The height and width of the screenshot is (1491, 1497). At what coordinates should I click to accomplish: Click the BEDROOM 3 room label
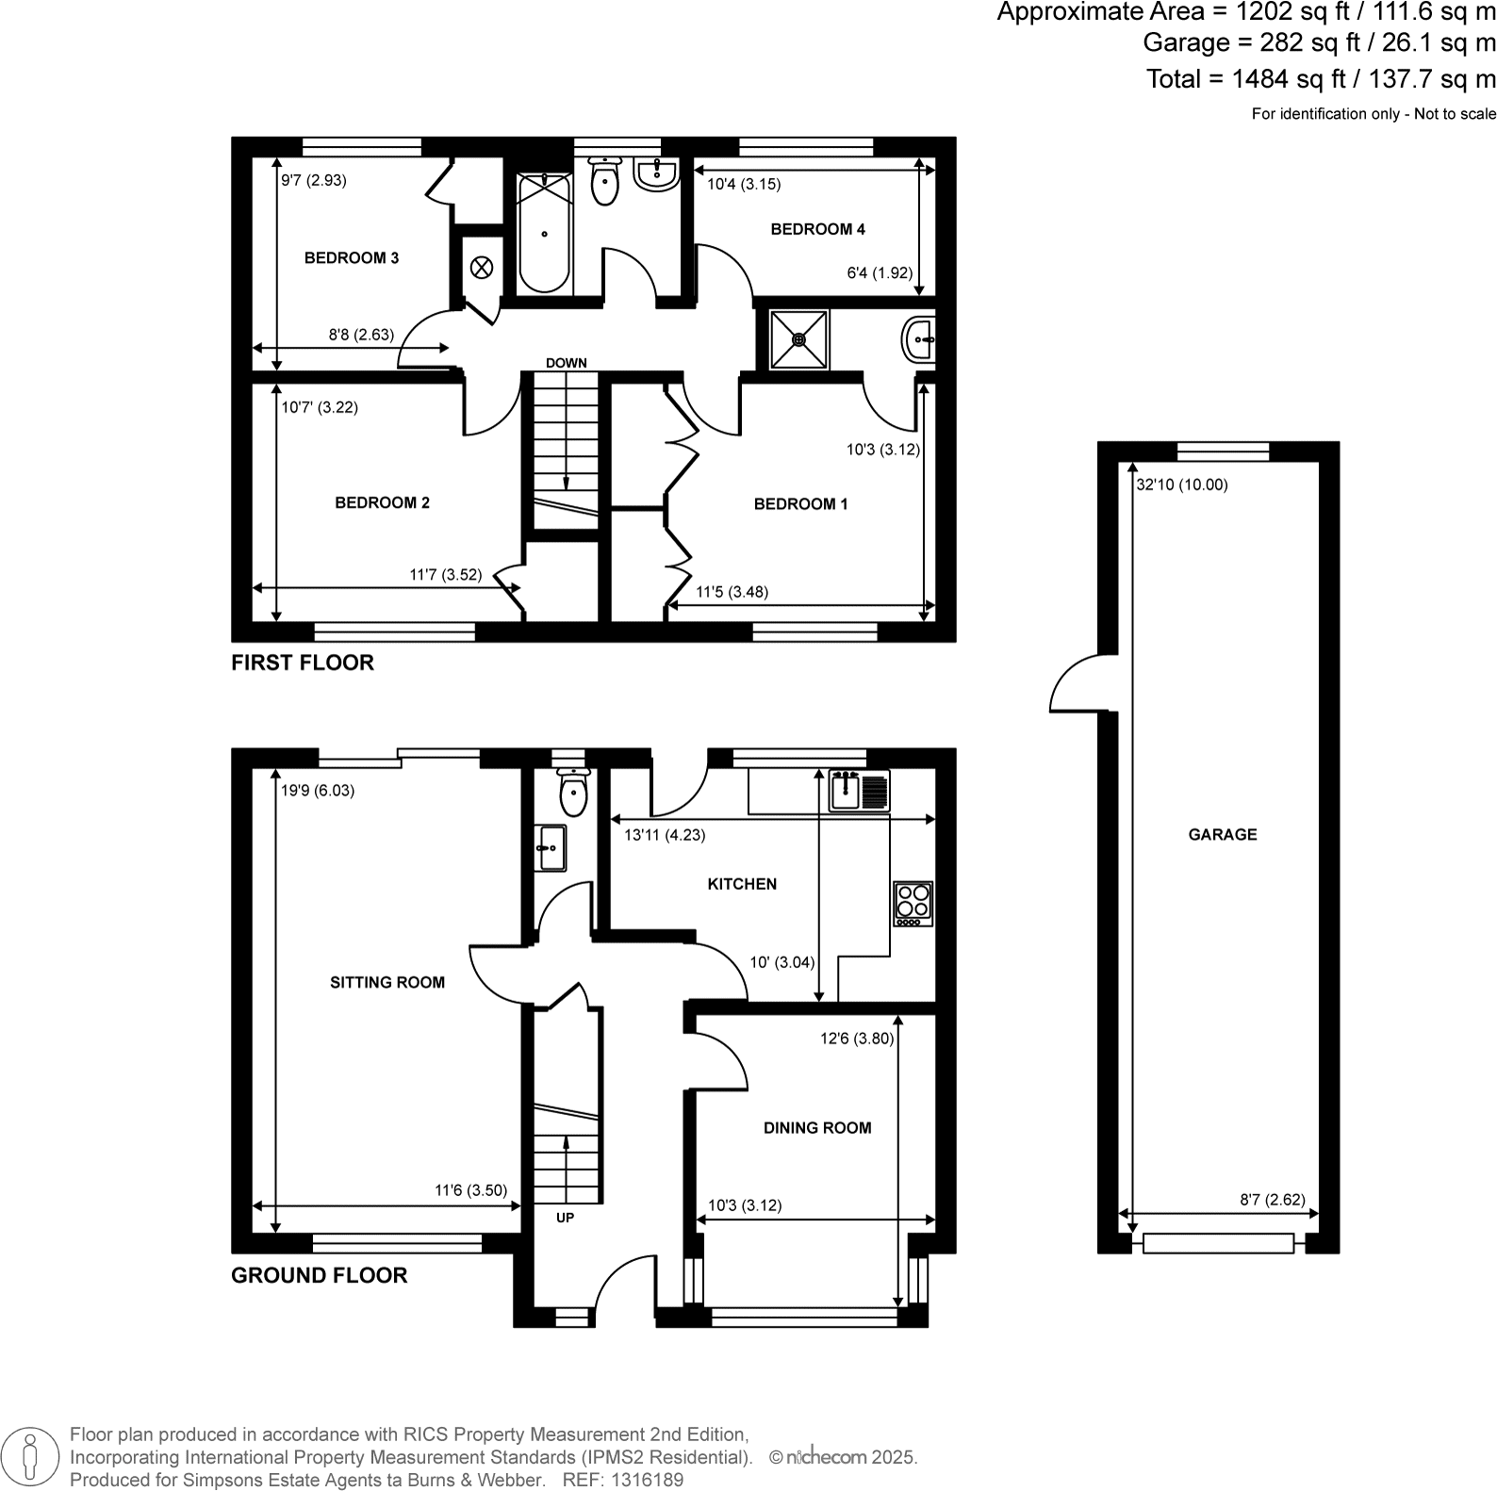351,258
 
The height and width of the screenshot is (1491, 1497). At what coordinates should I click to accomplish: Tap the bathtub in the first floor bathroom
545,234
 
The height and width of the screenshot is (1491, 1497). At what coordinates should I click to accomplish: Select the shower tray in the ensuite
799,339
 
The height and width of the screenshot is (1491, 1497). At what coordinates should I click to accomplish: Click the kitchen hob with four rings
913,903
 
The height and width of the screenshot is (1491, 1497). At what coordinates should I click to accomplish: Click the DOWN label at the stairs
566,363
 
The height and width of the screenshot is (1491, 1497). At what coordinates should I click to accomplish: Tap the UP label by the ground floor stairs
565,1218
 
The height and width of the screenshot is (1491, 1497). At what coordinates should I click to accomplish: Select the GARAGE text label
1223,834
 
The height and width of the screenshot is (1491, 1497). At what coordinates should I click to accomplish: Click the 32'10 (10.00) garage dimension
1182,485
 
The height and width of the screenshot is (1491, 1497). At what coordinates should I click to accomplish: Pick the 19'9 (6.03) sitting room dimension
318,791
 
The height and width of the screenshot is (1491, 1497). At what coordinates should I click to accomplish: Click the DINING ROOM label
817,1128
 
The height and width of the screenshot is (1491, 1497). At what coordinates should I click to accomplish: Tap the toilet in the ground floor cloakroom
573,793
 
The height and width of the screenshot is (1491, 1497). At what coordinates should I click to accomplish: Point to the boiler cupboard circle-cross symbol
481,268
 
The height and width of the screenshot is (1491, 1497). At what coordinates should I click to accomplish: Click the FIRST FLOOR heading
303,663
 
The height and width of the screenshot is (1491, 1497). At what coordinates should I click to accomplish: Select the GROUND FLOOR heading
320,1275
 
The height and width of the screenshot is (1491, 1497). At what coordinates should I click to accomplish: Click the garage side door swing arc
1073,685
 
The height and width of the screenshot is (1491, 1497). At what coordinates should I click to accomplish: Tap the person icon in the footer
31,1456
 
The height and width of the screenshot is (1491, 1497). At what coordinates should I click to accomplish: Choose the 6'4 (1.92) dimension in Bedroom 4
880,273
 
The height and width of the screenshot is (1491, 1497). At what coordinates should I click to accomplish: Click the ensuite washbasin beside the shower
919,339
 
